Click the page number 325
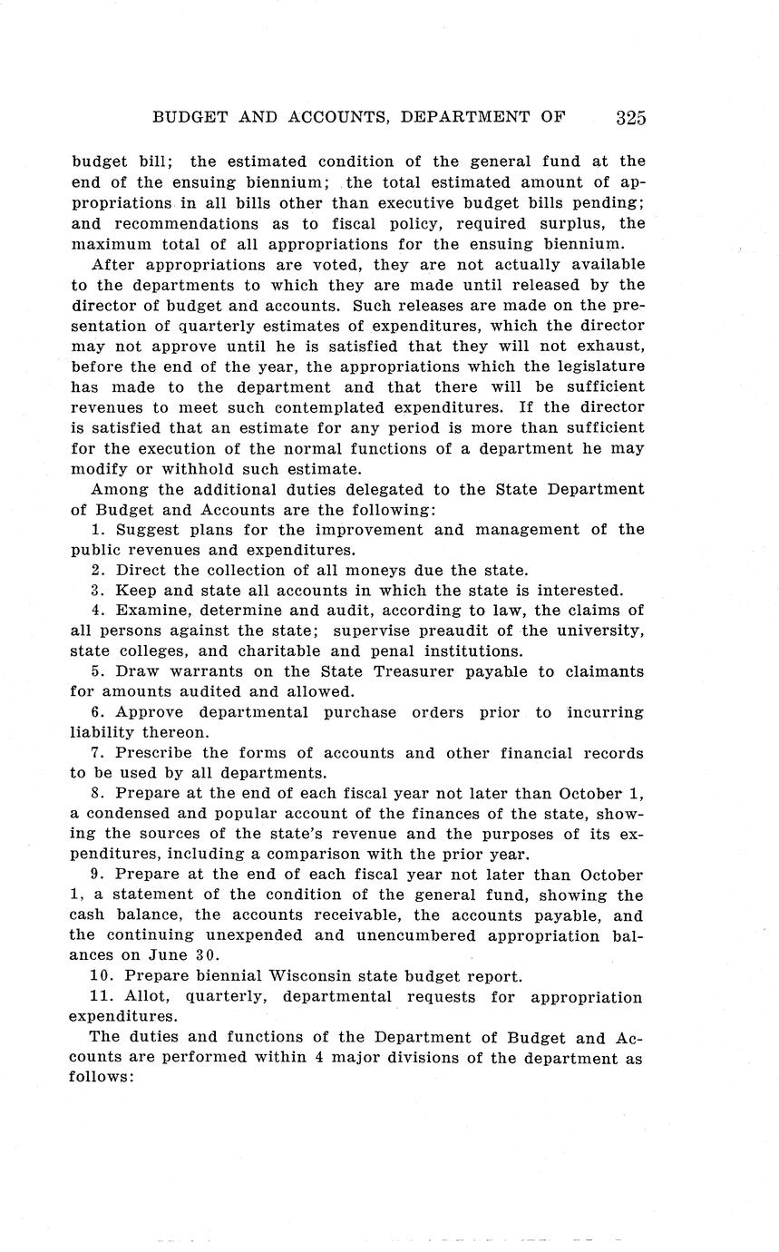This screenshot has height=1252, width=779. [630, 117]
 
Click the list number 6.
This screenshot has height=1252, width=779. [96, 712]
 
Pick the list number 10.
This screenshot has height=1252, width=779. [102, 976]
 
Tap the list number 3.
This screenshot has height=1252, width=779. [96, 590]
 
